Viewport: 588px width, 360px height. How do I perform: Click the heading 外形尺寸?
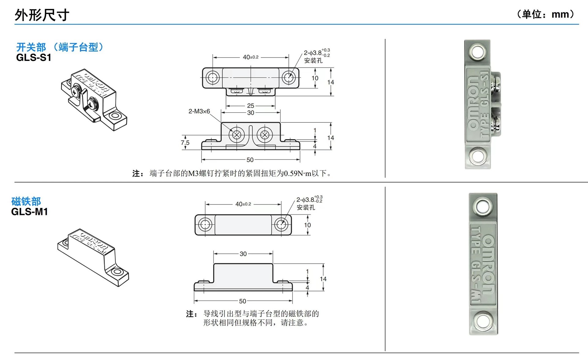[42, 15]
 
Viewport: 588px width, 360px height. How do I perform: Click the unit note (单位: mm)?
[545, 14]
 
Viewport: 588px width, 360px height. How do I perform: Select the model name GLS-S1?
[33, 58]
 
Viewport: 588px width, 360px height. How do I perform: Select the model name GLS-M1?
[29, 212]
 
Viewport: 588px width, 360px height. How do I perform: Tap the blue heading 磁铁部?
[26, 201]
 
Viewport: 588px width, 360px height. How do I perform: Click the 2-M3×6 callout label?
[199, 111]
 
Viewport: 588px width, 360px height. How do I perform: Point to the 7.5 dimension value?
[185, 143]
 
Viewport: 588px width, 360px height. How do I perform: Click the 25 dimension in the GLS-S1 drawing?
[251, 106]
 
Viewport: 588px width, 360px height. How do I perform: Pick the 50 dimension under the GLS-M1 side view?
[243, 301]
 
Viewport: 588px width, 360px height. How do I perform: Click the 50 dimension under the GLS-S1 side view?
[250, 160]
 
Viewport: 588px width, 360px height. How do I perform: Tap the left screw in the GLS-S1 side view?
[236, 135]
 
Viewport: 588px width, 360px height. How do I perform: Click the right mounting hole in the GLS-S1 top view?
[288, 77]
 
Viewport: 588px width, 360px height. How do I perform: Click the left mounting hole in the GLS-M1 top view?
[205, 225]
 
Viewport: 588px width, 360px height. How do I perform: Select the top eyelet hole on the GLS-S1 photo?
[477, 52]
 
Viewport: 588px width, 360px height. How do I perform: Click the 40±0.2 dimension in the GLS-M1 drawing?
[243, 204]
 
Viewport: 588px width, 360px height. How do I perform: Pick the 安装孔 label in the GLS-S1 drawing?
[313, 61]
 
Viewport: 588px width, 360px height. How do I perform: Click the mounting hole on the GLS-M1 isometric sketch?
[116, 272]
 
